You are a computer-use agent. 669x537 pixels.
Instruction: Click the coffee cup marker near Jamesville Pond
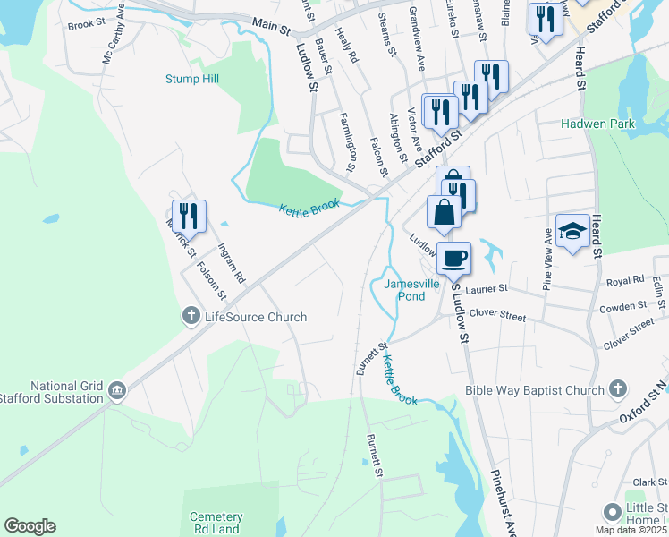(x=454, y=257)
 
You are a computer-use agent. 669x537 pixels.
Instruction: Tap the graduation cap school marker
(x=572, y=230)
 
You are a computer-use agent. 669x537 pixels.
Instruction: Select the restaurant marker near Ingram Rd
(x=189, y=216)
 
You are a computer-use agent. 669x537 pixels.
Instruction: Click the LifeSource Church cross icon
(x=191, y=316)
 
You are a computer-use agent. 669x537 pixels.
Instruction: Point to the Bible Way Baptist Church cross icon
(x=617, y=389)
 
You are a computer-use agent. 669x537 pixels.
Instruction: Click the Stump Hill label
(x=191, y=79)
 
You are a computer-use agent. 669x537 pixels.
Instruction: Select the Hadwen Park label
(x=598, y=124)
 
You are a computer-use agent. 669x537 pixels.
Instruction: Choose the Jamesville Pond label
(x=411, y=289)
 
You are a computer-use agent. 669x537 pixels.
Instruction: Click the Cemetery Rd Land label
(x=216, y=524)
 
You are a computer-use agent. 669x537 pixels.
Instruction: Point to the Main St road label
(x=272, y=29)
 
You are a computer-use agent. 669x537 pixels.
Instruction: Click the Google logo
(x=30, y=526)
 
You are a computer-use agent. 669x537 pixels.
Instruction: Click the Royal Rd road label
(x=625, y=281)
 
